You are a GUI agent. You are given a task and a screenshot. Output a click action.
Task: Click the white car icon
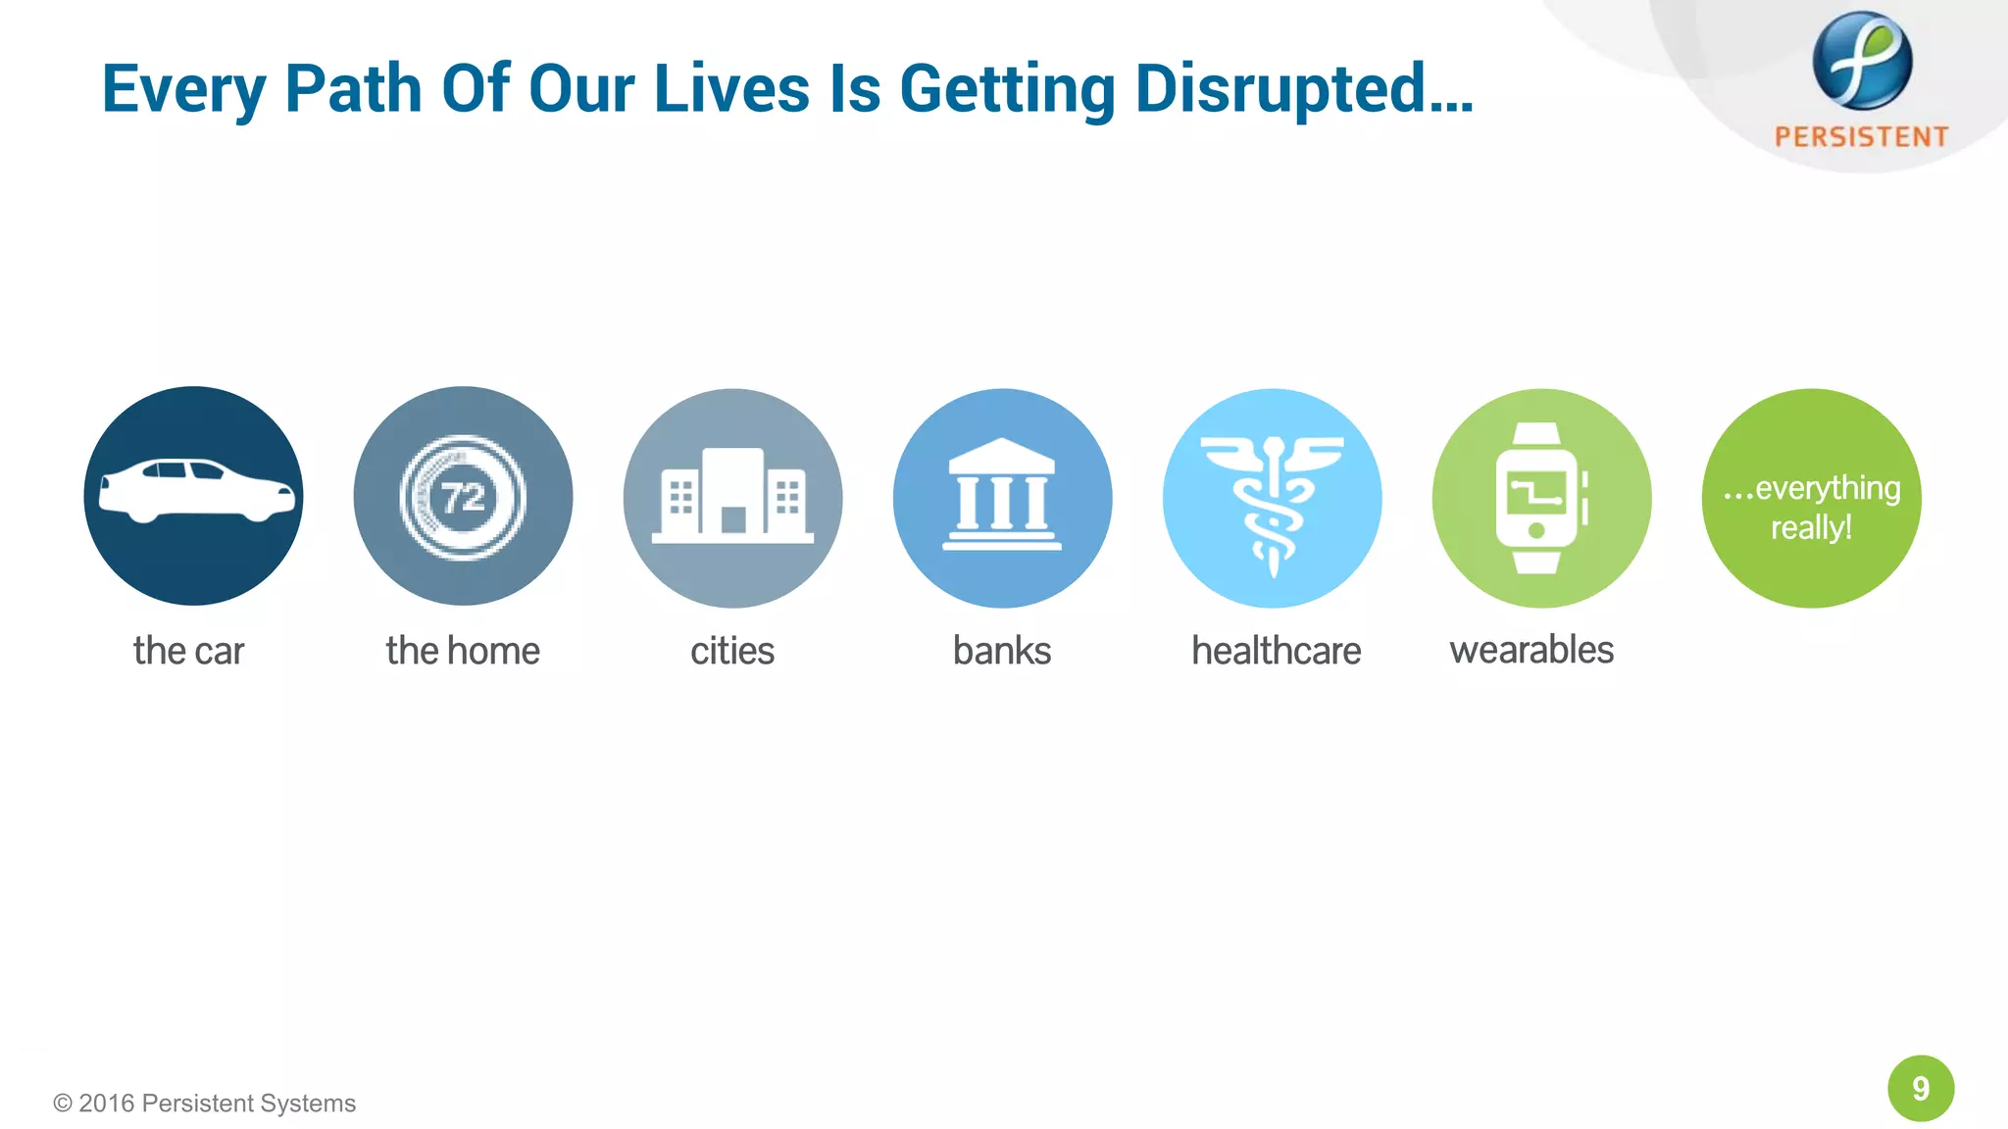(x=196, y=490)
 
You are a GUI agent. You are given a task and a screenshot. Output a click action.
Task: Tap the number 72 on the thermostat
(x=463, y=498)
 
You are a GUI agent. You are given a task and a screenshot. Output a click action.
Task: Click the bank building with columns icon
(x=1002, y=495)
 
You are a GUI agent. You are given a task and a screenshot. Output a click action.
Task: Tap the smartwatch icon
(x=1539, y=498)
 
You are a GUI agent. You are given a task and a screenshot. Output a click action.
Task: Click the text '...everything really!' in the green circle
(x=1812, y=508)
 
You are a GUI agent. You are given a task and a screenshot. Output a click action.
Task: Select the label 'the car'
(x=188, y=651)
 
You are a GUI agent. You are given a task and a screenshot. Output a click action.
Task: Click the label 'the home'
(x=463, y=651)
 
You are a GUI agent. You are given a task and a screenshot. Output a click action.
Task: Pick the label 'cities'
(x=732, y=651)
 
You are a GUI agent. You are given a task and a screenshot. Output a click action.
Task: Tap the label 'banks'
(x=1002, y=651)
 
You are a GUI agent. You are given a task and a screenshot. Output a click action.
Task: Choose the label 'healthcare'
(x=1276, y=651)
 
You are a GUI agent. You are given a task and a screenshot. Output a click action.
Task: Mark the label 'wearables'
(x=1531, y=650)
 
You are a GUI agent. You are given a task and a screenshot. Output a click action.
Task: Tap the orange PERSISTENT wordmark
(x=1861, y=136)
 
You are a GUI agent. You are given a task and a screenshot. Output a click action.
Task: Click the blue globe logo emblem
(x=1861, y=61)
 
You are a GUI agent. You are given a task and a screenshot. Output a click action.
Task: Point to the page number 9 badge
(x=1921, y=1088)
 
